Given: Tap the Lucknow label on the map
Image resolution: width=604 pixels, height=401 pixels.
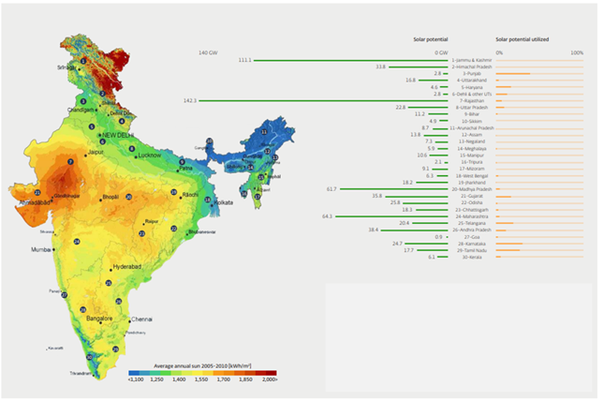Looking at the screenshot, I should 149,156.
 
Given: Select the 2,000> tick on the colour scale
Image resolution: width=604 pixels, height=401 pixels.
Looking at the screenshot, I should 269,379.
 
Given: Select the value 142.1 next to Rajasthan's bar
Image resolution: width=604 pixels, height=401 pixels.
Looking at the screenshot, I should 190,100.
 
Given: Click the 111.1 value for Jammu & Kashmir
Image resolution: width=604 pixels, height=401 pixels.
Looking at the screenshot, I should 245,60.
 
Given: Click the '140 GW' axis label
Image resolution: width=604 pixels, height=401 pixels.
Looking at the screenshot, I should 208,52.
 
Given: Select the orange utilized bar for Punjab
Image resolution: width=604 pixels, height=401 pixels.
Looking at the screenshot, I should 513,73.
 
